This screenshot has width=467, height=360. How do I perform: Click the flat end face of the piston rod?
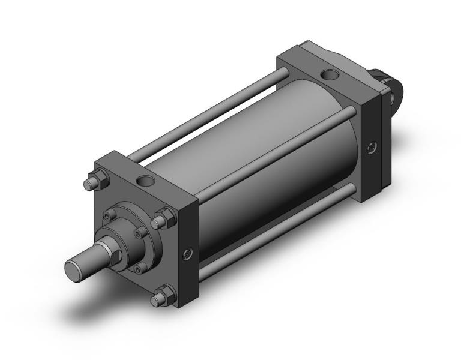[76, 269]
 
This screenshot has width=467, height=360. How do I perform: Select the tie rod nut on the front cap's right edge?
[162, 218]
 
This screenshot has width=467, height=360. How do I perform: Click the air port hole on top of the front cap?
[145, 179]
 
